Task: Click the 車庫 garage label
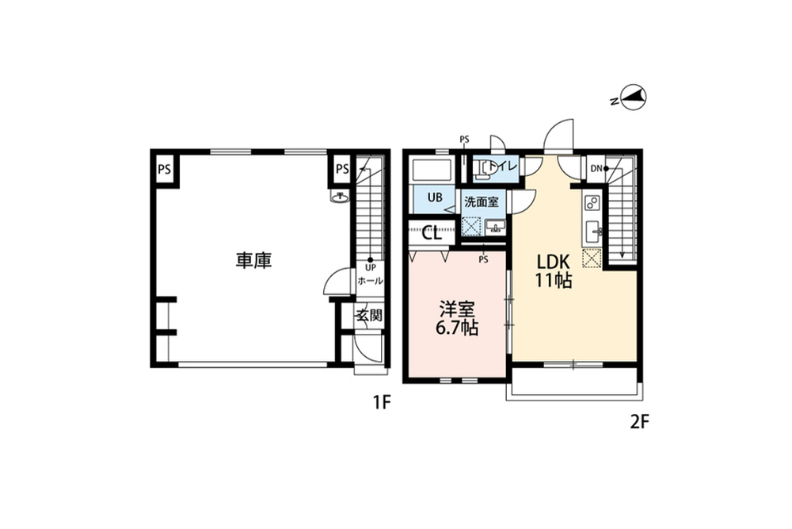click(x=253, y=260)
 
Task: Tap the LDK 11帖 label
click(x=553, y=270)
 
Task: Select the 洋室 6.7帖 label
click(x=457, y=319)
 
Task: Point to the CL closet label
click(x=432, y=233)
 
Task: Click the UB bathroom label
click(x=435, y=197)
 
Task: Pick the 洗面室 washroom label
click(x=482, y=202)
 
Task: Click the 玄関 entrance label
click(x=370, y=315)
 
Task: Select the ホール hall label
click(x=370, y=281)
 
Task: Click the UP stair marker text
click(x=370, y=268)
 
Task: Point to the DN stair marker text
click(x=596, y=168)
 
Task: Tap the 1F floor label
click(x=382, y=403)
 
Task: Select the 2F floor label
click(x=639, y=422)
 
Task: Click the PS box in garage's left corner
click(x=164, y=170)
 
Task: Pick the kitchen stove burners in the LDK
click(x=592, y=203)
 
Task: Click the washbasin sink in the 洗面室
click(x=495, y=228)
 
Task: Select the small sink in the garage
click(x=340, y=197)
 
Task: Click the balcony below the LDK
click(x=574, y=384)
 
